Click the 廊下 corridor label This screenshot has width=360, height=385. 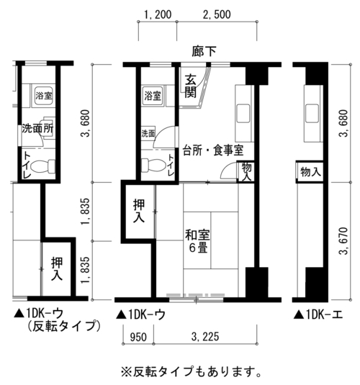204,52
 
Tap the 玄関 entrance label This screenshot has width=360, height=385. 191,86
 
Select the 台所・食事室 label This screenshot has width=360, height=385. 213,150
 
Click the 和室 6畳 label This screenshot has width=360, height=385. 198,241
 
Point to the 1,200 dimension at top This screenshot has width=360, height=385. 158,14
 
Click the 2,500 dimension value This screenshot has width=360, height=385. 217,14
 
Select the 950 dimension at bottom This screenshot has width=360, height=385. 138,337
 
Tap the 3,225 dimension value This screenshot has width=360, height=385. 205,337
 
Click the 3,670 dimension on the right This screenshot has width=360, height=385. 343,241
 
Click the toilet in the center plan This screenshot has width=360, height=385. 153,164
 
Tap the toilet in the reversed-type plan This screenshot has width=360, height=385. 44,166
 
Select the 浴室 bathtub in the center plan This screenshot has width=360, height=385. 153,95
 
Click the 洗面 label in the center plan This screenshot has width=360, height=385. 148,134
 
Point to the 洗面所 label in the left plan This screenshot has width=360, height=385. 37,128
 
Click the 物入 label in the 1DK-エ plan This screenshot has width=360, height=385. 310,172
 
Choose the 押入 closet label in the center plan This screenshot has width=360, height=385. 139,211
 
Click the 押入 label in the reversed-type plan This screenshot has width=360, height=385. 57,268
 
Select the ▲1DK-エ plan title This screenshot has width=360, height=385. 318,314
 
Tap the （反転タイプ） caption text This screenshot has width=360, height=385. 63,326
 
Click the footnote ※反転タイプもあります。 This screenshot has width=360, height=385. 191,372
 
